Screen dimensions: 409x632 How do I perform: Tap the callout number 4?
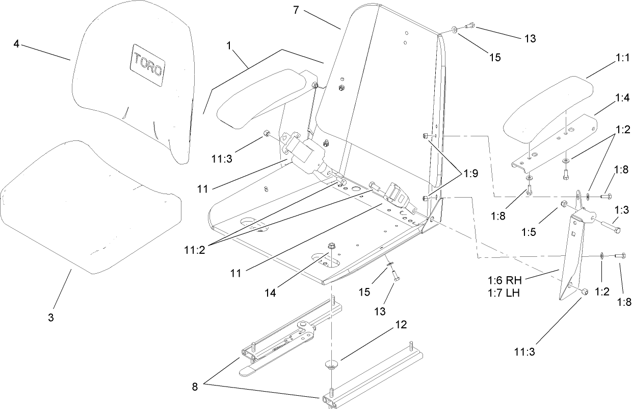16,44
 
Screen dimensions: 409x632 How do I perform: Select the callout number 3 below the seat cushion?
50,317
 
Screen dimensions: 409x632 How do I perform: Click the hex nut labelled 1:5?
564,205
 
